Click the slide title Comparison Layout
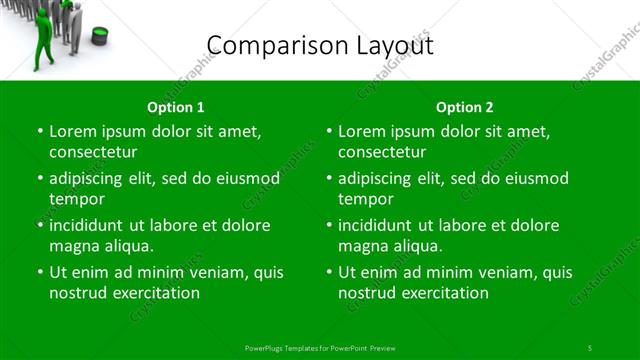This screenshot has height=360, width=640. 319,45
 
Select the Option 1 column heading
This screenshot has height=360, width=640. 176,107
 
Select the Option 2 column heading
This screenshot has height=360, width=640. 465,107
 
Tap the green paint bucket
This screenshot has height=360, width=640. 99,36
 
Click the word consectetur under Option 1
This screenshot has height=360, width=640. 93,152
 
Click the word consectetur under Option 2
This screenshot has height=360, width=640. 382,152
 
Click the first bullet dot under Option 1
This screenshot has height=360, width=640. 40,131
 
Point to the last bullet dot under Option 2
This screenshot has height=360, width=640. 329,271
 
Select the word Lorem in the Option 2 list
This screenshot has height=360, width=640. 361,131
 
